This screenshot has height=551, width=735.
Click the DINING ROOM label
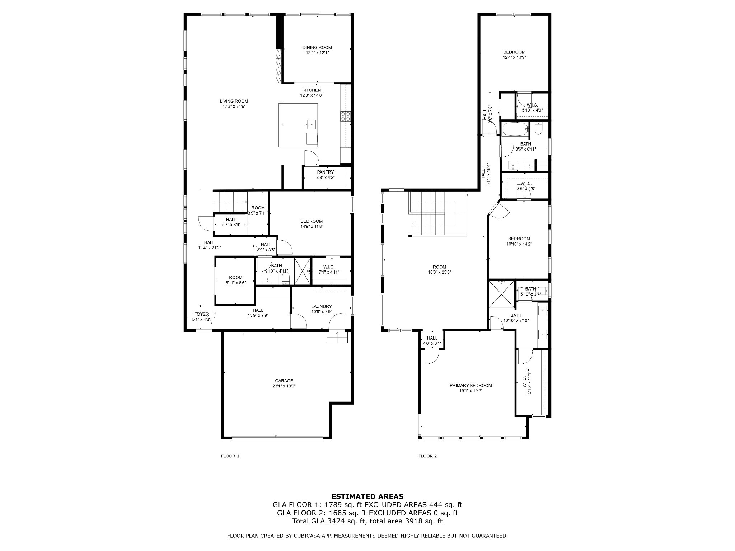tap(317, 47)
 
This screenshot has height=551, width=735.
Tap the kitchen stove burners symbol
tap(345, 116)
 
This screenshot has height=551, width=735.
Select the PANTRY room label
tap(325, 172)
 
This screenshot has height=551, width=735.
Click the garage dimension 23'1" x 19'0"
tap(284, 386)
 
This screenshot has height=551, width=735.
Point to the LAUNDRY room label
tap(321, 306)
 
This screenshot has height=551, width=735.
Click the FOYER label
tap(201, 314)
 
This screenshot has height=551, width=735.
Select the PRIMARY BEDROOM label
tap(471, 385)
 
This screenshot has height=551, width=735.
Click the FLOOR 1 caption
tap(230, 456)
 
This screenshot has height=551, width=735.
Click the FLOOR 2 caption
tap(427, 456)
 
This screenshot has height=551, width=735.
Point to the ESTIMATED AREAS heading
tap(367, 496)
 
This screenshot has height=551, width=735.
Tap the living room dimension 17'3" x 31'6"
tap(234, 106)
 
